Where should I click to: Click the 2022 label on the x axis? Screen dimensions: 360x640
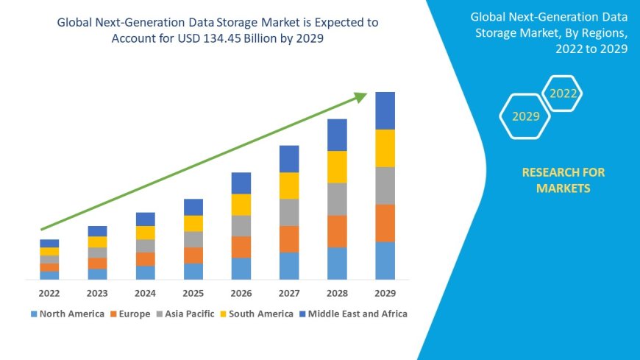pyautogui.click(x=49, y=292)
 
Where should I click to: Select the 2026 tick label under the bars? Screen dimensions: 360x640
pyautogui.click(x=241, y=292)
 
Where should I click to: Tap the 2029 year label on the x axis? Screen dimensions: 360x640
pyautogui.click(x=385, y=292)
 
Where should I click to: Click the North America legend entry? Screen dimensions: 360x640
pyautogui.click(x=68, y=314)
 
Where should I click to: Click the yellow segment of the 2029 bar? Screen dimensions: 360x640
pyautogui.click(x=385, y=148)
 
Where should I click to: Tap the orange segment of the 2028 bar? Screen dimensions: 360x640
pyautogui.click(x=337, y=231)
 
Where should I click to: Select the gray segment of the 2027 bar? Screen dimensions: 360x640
pyautogui.click(x=289, y=212)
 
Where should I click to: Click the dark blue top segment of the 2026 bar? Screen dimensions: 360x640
pyautogui.click(x=241, y=183)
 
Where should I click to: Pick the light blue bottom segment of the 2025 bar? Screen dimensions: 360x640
pyautogui.click(x=193, y=272)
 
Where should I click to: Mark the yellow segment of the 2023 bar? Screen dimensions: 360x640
pyautogui.click(x=97, y=241)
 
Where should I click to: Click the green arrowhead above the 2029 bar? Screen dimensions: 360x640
pyautogui.click(x=360, y=96)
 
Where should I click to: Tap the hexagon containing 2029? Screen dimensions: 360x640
pyautogui.click(x=525, y=116)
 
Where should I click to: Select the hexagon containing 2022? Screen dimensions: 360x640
pyautogui.click(x=563, y=93)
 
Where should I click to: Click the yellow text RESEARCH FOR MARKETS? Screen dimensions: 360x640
pyautogui.click(x=563, y=180)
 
